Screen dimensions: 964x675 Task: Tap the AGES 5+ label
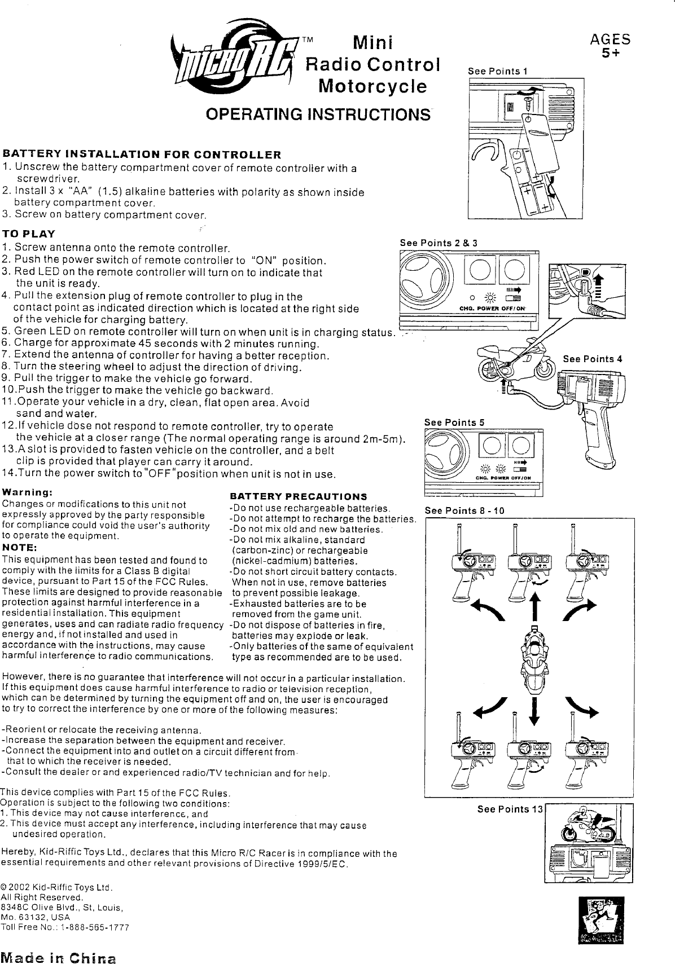[610, 46]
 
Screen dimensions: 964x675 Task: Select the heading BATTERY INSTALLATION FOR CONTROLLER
[142, 155]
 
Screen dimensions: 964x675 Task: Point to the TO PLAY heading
[29, 234]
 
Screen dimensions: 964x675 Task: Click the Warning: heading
[28, 493]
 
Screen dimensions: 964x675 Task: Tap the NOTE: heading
[20, 547]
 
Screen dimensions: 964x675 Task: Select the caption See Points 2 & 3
[439, 243]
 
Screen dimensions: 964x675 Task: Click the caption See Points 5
[454, 422]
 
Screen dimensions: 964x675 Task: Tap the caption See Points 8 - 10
[464, 510]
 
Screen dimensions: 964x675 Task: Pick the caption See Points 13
[510, 809]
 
